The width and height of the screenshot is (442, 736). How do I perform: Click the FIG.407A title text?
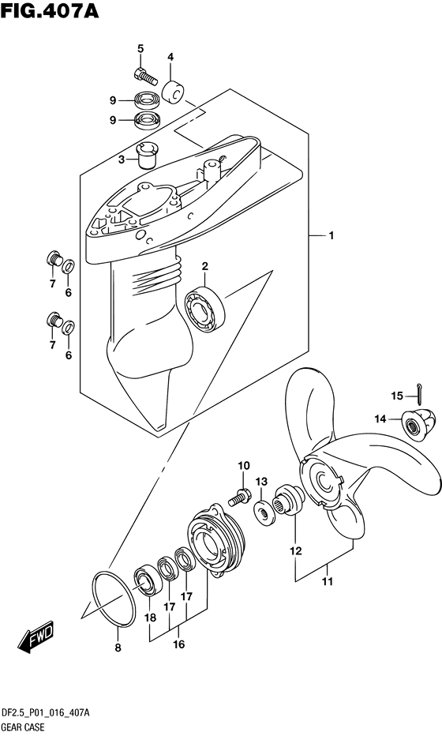tap(50, 11)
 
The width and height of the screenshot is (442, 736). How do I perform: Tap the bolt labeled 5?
tap(145, 75)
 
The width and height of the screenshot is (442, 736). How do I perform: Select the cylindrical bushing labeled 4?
tap(173, 92)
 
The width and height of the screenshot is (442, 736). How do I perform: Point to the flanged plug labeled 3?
tap(146, 156)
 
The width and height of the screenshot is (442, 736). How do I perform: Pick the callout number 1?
tap(331, 235)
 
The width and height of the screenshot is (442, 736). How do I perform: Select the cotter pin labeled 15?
tap(419, 392)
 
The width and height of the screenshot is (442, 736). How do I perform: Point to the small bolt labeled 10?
tap(239, 497)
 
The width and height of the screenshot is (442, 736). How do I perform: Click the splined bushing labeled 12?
tap(290, 501)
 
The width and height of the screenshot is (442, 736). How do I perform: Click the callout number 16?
tap(178, 644)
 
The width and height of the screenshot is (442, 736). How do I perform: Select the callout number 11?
tap(327, 581)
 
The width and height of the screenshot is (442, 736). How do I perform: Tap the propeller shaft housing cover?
tap(217, 541)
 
